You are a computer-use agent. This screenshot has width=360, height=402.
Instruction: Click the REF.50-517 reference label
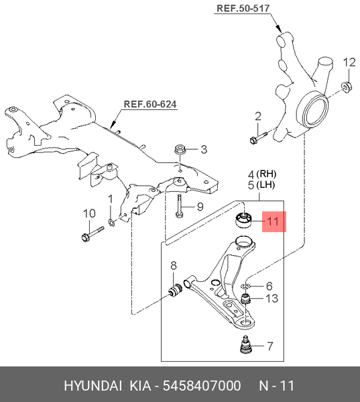pos(243,8)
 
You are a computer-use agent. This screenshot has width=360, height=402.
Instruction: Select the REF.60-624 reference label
pos(150,104)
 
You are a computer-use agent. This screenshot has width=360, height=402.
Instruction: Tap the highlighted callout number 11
pos(273,221)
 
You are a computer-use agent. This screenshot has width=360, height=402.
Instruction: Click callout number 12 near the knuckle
pos(349,62)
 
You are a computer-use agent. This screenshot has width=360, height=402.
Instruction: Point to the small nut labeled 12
pos(347,87)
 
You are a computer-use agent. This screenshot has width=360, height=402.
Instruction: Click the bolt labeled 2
pos(258,137)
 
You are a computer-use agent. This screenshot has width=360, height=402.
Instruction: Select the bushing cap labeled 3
pos(180,149)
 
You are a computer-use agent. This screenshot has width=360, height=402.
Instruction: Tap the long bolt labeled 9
pos(180,205)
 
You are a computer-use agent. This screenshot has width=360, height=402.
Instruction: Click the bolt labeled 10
pos(93,234)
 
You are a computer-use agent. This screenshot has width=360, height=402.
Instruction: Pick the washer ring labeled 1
pos(112,222)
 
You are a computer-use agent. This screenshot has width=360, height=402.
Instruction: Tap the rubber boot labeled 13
pos(246,299)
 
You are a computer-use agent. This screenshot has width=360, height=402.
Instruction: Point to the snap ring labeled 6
pos(246,286)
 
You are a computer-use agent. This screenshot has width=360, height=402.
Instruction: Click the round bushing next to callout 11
pos(244,220)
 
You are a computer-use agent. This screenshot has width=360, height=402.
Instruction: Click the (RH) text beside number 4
pos(266,174)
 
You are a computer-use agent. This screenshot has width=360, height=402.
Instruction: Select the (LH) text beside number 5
pos(265,185)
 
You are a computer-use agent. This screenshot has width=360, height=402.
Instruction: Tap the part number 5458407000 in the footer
pos(202,386)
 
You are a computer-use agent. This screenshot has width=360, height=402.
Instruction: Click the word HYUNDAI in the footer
pos(93,386)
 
